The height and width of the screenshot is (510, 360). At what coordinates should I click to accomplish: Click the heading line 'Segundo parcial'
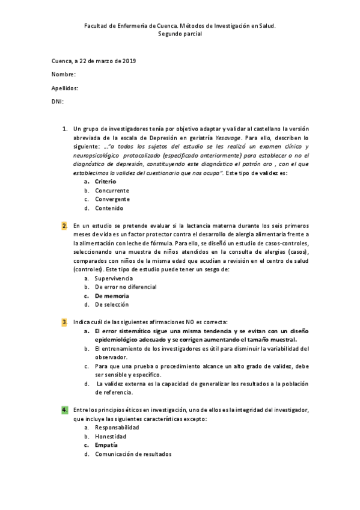(180, 34)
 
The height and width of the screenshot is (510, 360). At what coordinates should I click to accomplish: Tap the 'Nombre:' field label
(64, 75)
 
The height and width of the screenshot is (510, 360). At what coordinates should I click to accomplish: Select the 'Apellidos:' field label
(65, 88)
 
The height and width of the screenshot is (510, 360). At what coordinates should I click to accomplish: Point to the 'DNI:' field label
(58, 101)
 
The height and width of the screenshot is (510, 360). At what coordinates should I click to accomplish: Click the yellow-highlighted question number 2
(64, 225)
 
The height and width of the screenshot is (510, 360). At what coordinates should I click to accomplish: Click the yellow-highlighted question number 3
(64, 322)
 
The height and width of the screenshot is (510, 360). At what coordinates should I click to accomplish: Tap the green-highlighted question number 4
(64, 410)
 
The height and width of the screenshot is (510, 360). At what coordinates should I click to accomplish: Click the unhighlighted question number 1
(64, 129)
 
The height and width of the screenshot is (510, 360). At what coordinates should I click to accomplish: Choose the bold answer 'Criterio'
(105, 181)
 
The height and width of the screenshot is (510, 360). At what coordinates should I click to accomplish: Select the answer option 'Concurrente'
(112, 190)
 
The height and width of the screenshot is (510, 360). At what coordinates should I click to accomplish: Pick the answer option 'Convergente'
(112, 199)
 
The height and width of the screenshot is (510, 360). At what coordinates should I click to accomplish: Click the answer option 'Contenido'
(109, 208)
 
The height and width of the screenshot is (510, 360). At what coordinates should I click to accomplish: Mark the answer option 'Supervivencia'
(114, 278)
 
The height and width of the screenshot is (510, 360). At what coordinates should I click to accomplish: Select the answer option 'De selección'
(111, 305)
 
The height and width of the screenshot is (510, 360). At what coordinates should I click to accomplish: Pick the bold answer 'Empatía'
(106, 445)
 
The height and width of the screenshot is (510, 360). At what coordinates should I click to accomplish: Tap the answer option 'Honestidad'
(110, 436)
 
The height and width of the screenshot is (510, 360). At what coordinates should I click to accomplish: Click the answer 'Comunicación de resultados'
(133, 454)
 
